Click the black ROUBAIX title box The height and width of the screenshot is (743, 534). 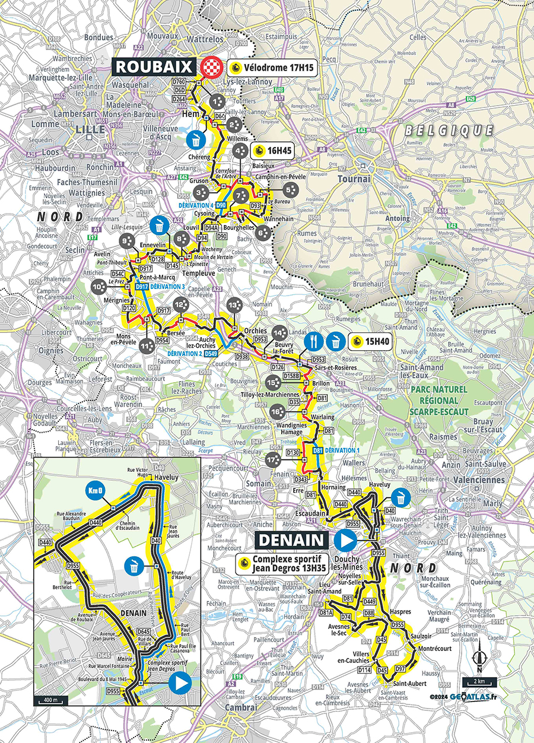[x=154, y=66]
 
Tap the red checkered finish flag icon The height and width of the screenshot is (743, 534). [x=211, y=67]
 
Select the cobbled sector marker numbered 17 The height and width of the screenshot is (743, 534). [x=272, y=459]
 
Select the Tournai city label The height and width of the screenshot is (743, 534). [x=354, y=178]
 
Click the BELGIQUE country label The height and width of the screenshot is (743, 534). [x=449, y=130]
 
